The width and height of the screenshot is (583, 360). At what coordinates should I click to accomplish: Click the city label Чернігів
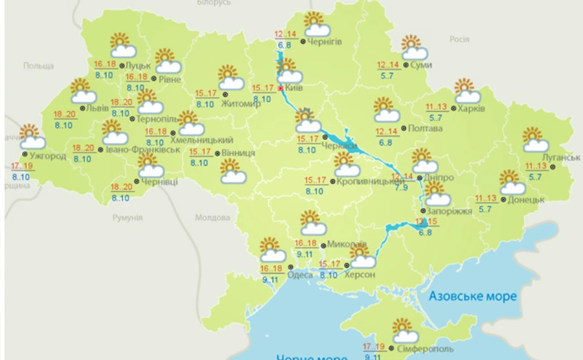point(325,43)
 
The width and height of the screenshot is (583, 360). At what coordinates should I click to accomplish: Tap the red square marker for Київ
point(280,88)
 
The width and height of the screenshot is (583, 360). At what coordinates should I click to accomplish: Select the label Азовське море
point(473,296)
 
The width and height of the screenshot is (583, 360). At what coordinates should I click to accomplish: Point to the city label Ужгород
point(46,156)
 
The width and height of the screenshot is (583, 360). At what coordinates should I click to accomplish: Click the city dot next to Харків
point(453,108)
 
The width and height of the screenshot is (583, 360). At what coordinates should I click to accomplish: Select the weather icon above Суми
point(413,47)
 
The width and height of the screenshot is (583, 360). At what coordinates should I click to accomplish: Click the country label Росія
point(459,39)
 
